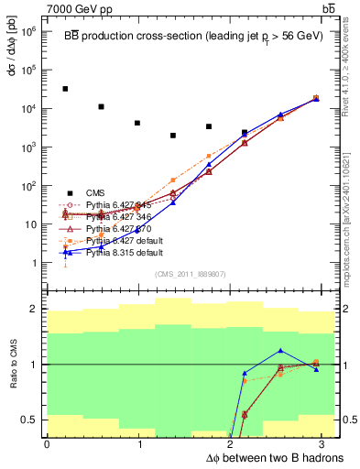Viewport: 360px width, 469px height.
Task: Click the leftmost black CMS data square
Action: click(65, 89)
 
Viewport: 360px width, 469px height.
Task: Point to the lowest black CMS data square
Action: click(173, 136)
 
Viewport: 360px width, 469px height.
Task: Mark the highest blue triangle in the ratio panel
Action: click(280, 351)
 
